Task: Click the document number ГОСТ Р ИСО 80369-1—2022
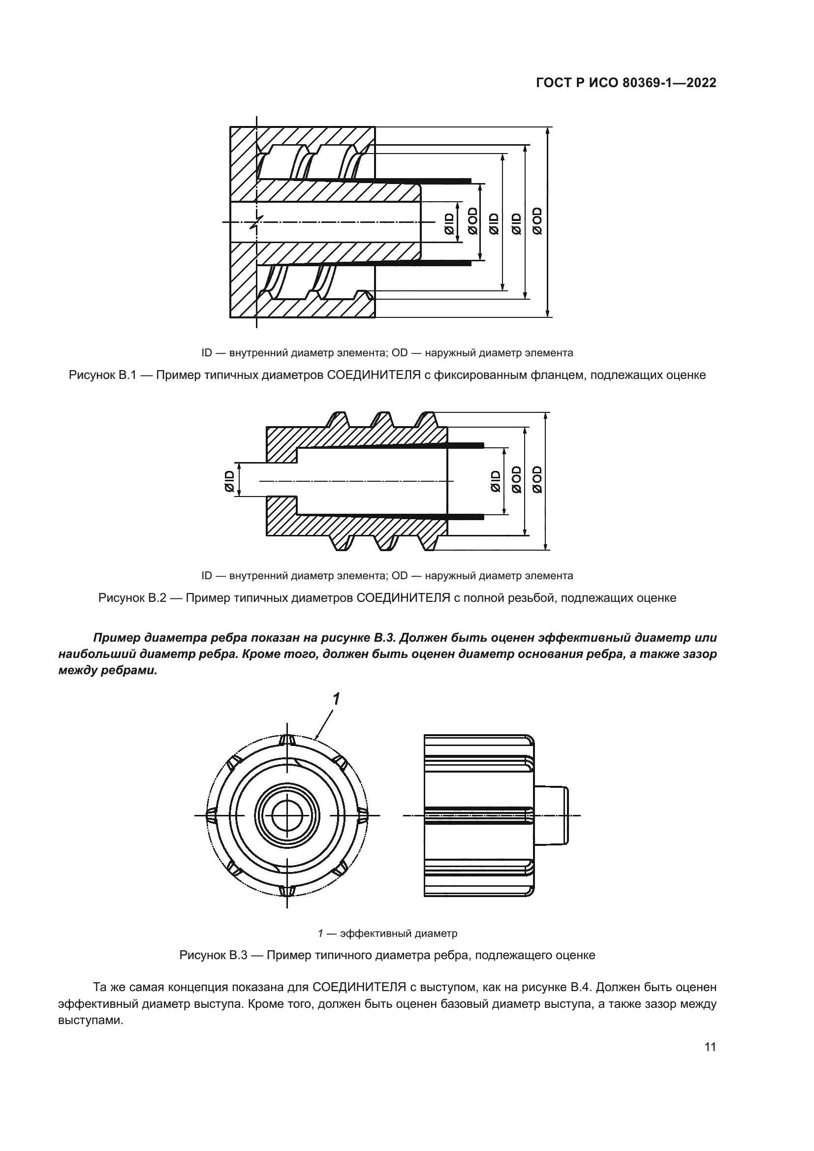pos(626,83)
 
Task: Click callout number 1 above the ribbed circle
pos(336,698)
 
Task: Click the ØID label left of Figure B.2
pos(229,481)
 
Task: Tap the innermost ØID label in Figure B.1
pos(449,223)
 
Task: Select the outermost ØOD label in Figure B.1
pos(538,220)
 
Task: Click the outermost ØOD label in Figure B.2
pos(537,479)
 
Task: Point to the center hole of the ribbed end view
pos(287,815)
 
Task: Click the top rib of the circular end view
pos(287,740)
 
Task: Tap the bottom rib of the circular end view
pos(287,891)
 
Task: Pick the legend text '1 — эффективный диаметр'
pos(387,933)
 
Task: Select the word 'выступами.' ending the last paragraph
pos(91,1021)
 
